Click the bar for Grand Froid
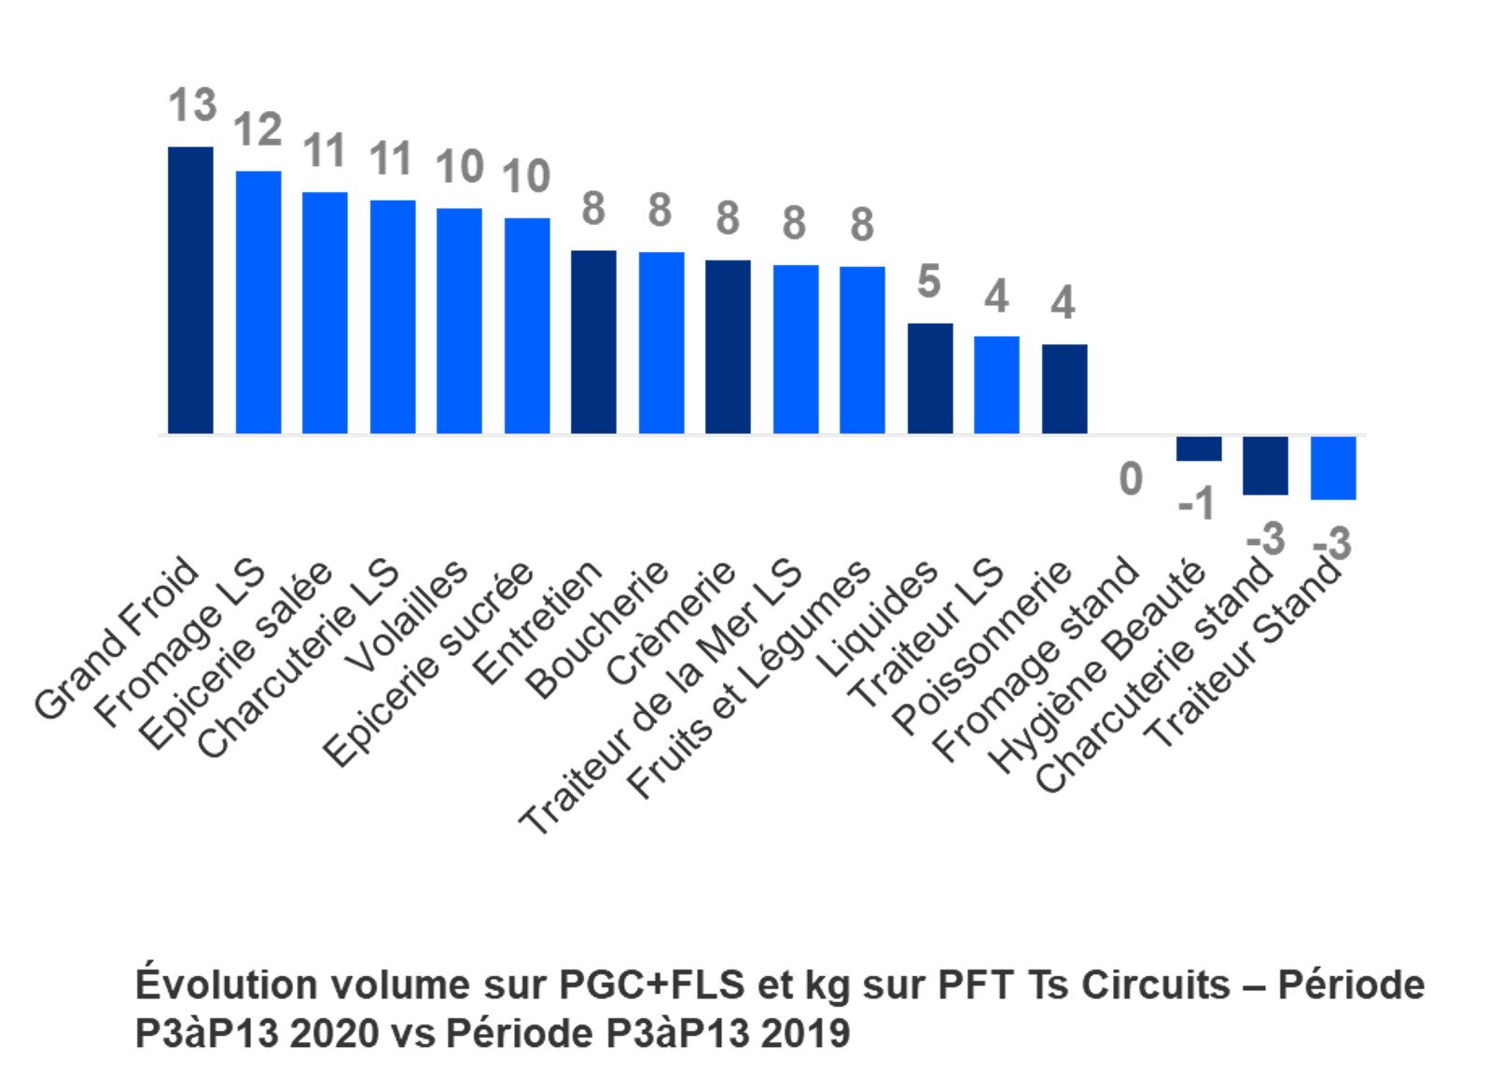pyautogui.click(x=190, y=290)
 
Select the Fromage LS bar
pyautogui.click(x=258, y=302)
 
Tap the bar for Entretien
pyautogui.click(x=593, y=342)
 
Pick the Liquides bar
pyautogui.click(x=930, y=378)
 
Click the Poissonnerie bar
pyautogui.click(x=1064, y=389)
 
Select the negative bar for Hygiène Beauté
pyautogui.click(x=1199, y=449)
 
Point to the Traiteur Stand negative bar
pyautogui.click(x=1333, y=468)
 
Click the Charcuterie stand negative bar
pyautogui.click(x=1265, y=466)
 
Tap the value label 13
pyautogui.click(x=192, y=105)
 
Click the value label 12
pyautogui.click(x=257, y=129)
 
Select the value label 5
pyautogui.click(x=928, y=282)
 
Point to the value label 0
pyautogui.click(x=1131, y=479)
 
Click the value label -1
pyautogui.click(x=1197, y=505)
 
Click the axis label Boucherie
pyautogui.click(x=597, y=630)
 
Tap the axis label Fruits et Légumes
pyautogui.click(x=749, y=681)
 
